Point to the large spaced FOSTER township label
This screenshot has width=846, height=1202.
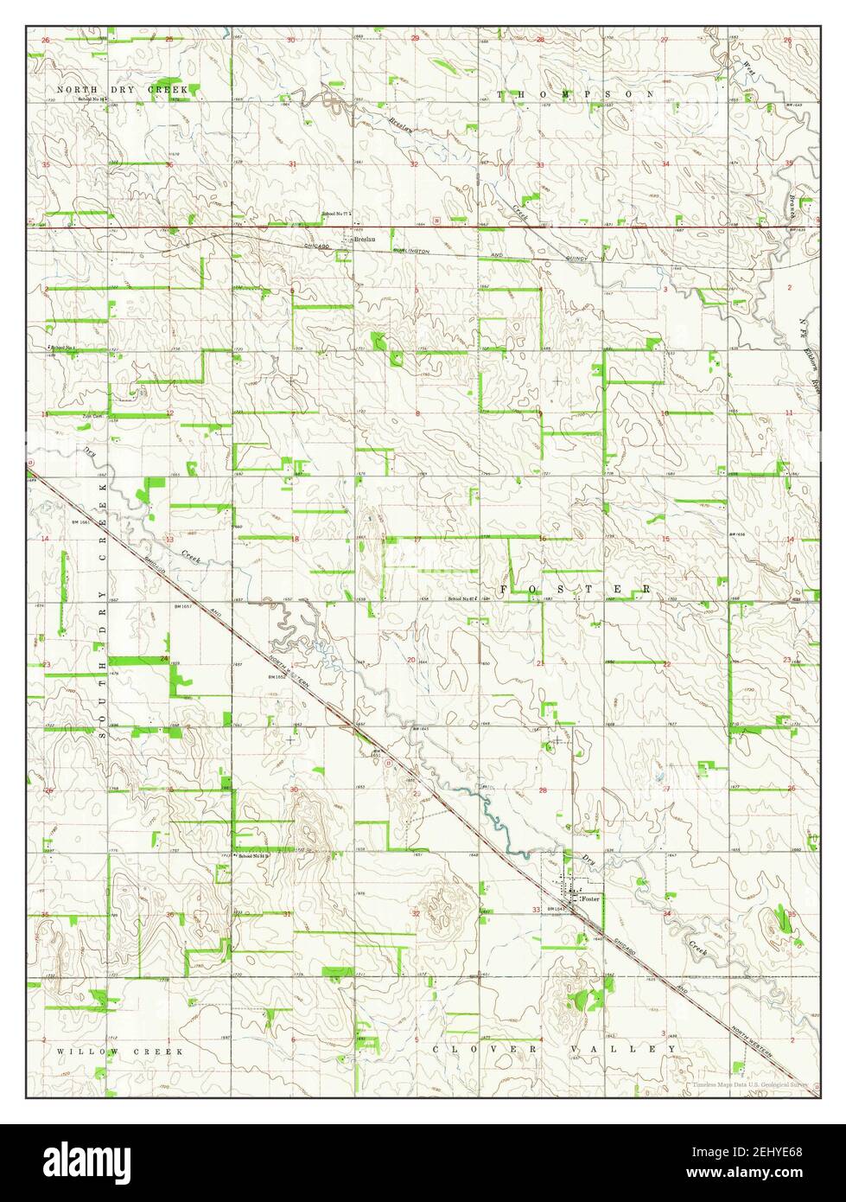576,589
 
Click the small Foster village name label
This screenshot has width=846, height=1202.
592,900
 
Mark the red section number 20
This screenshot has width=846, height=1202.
412,661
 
